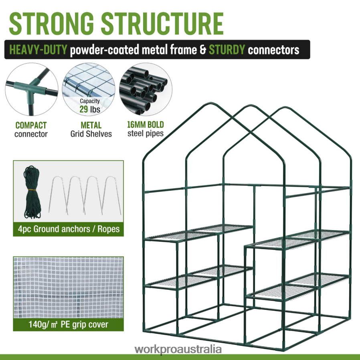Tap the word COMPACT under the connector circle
pyautogui.click(x=31, y=125)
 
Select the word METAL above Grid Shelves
pyautogui.click(x=91, y=125)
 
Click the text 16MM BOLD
pyautogui.click(x=146, y=125)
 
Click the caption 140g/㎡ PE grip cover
pyautogui.click(x=68, y=324)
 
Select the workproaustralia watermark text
pyautogui.click(x=178, y=349)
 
